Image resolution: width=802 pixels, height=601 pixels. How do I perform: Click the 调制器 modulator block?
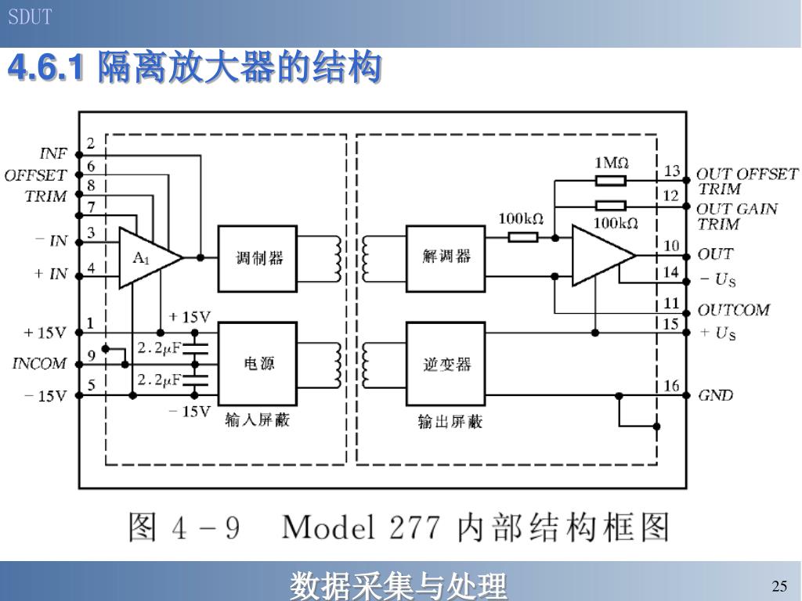257,258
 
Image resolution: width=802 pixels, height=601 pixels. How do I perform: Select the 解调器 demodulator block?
446,258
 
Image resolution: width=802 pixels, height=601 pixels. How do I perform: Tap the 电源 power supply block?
257,363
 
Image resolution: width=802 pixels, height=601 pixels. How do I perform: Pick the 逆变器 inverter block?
446,363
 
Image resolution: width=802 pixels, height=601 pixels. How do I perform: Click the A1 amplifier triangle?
148,257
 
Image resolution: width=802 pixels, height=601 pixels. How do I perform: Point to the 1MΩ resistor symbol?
611,181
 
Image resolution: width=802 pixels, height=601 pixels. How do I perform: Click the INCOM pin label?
39,363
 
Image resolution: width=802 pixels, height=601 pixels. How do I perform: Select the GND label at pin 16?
716,395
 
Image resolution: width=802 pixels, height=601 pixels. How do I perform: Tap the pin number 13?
672,170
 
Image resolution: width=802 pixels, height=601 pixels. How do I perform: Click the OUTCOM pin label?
733,310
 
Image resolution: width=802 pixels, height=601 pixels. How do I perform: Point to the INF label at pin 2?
53,153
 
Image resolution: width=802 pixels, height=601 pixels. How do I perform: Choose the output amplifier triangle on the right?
604,256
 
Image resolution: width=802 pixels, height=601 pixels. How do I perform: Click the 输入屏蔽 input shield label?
257,420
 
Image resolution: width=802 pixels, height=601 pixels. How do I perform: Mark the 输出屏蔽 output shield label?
450,422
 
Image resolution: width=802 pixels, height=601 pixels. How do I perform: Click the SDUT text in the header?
30,17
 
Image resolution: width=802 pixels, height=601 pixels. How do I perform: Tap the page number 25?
779,585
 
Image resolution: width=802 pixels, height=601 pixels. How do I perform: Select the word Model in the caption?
328,527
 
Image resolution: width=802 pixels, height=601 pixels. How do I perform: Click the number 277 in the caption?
415,527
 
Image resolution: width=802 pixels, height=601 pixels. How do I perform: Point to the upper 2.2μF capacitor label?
159,348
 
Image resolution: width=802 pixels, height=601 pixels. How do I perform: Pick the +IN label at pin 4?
51,274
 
